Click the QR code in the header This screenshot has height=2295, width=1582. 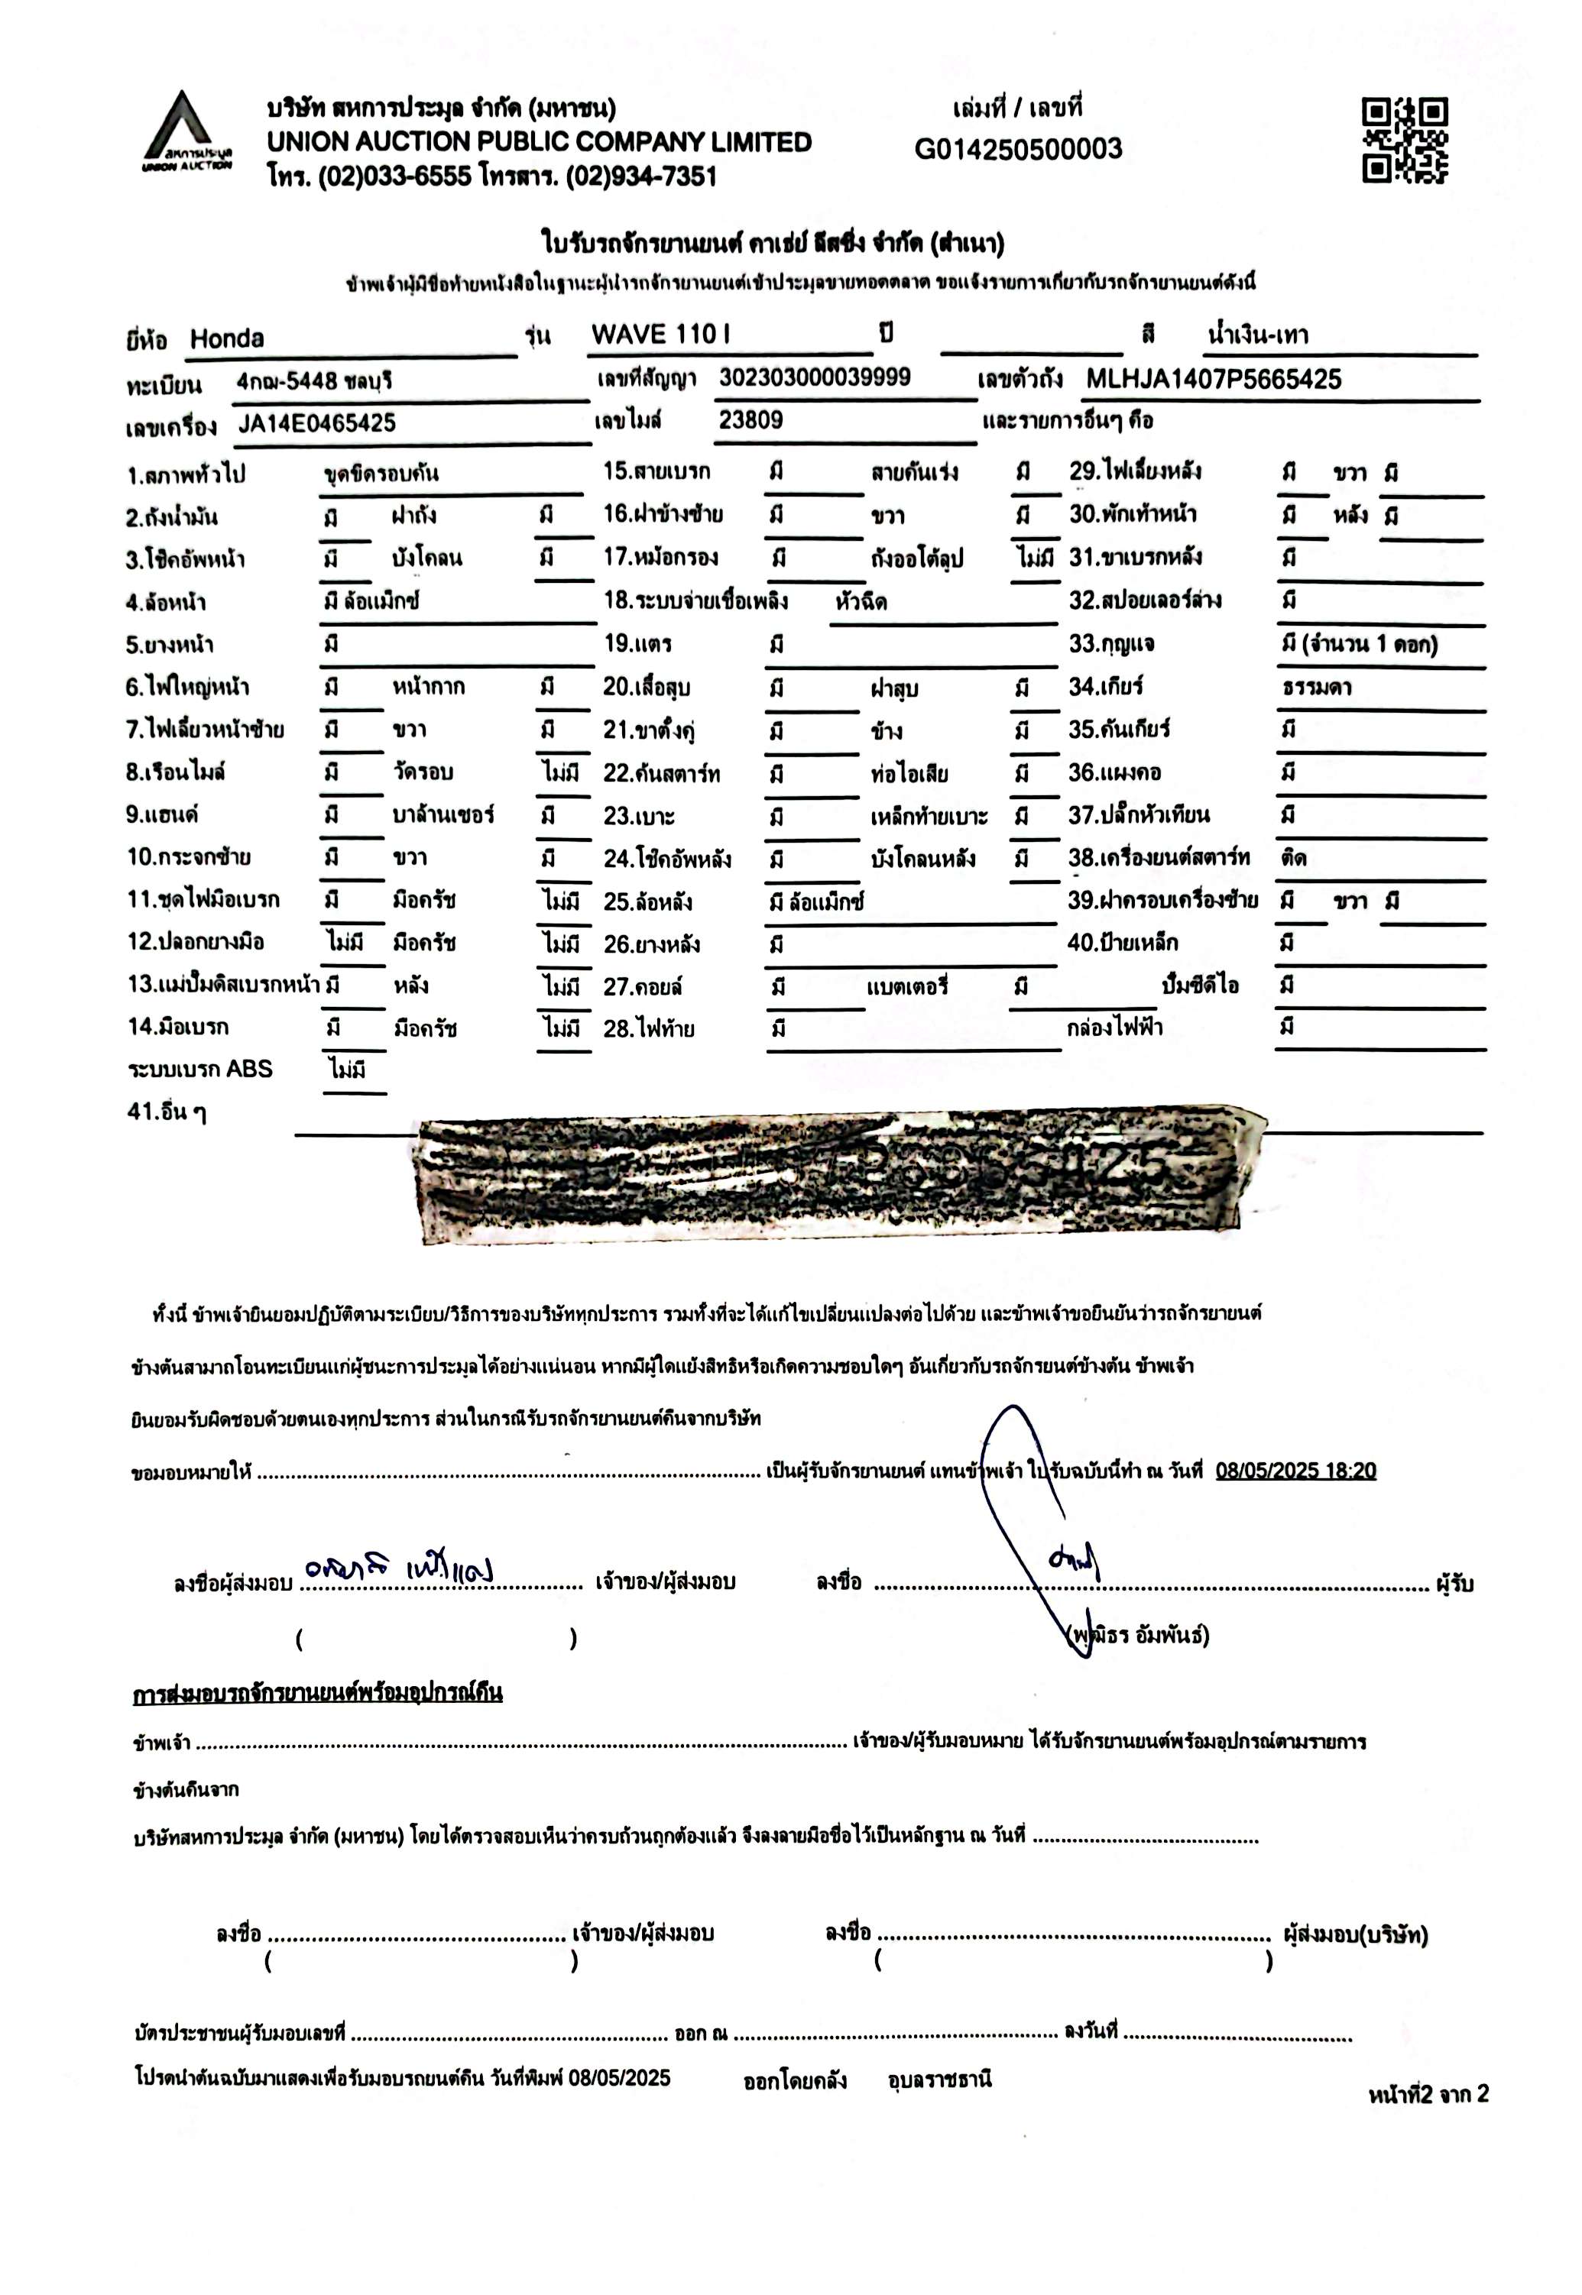click(x=1404, y=140)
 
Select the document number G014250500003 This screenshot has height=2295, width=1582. click(x=1018, y=150)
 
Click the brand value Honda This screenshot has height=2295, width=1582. click(x=227, y=339)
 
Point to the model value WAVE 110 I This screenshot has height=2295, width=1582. click(x=660, y=335)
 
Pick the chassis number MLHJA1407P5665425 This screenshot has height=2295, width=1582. click(x=1214, y=380)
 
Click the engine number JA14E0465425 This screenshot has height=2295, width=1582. click(x=316, y=424)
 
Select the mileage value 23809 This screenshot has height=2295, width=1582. click(x=750, y=420)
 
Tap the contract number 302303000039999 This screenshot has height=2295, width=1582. click(x=815, y=377)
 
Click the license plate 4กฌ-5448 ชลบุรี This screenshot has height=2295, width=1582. click(x=314, y=381)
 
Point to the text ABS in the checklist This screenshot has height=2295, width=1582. click(x=249, y=1070)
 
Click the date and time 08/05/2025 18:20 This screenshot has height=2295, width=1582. click(x=1295, y=1471)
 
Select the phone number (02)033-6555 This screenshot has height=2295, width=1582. click(x=394, y=177)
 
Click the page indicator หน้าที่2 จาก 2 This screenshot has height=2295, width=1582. click(x=1428, y=2094)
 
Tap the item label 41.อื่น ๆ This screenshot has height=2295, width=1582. click(x=167, y=1112)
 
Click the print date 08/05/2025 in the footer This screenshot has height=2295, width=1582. click(x=620, y=2077)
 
